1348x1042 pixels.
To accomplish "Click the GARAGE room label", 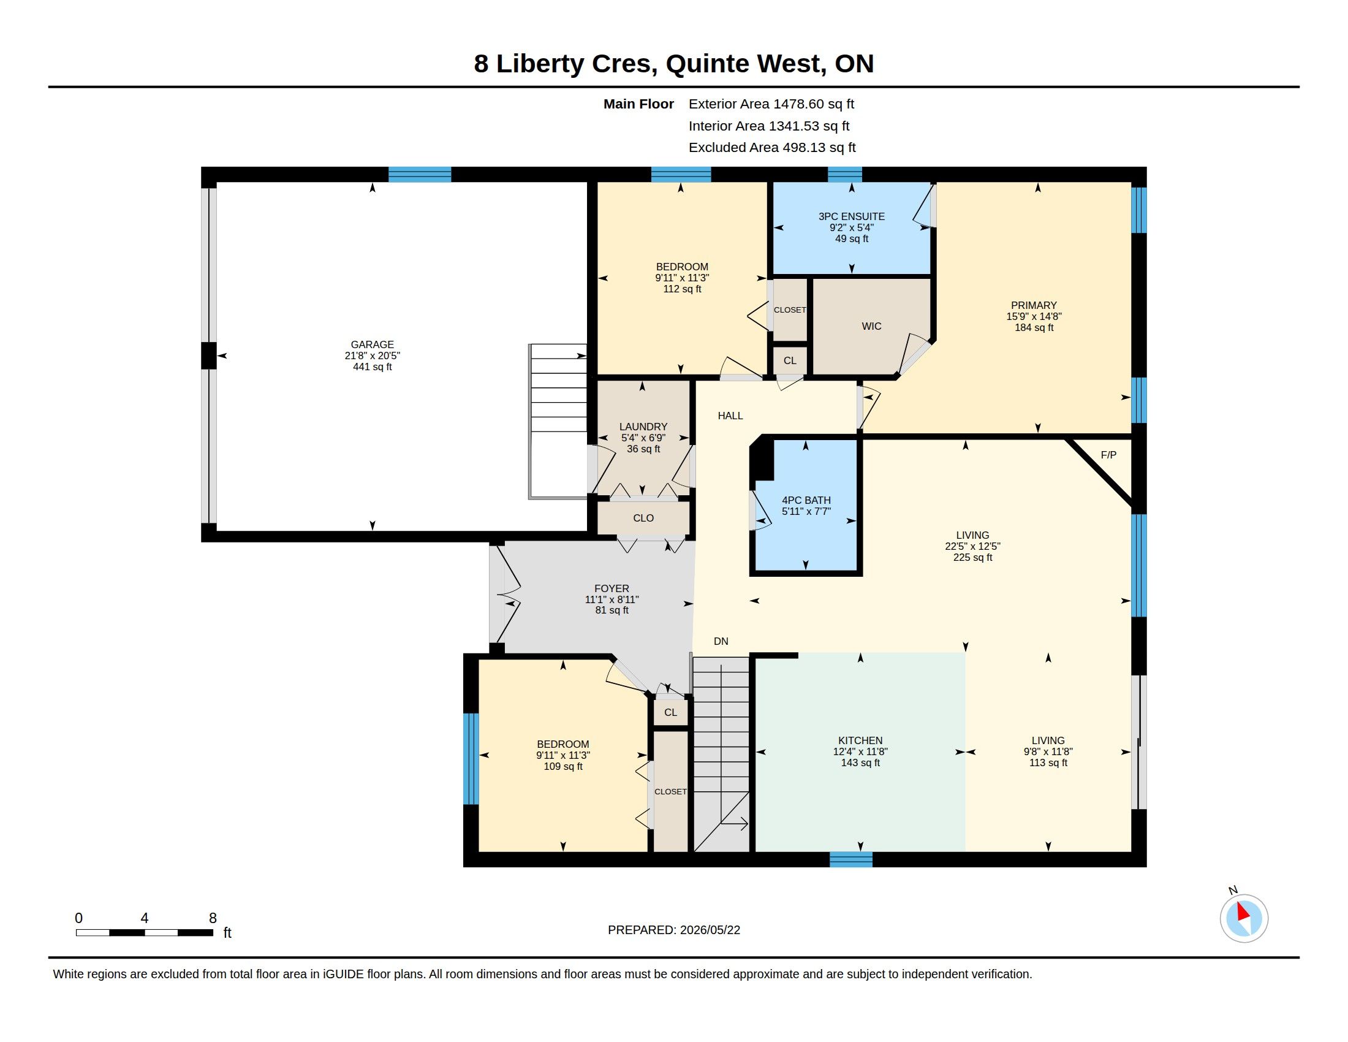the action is pos(372,344).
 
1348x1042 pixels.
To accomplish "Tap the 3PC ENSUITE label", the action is pos(852,216).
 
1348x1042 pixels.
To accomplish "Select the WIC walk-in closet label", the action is pos(871,326).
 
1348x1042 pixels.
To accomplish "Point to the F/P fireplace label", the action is pos(1108,455).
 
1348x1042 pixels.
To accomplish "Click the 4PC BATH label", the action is pos(806,500).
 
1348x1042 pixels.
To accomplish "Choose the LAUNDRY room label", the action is pos(643,427).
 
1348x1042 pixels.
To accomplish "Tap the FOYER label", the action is pos(612,588).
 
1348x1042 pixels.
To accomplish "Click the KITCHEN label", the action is pos(860,740).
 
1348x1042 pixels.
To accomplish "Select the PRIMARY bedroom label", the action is pos(1034,305).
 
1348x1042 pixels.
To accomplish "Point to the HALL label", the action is pos(730,416).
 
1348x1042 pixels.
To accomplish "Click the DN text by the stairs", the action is pos(721,641).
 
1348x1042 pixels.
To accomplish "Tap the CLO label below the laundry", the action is pos(643,518).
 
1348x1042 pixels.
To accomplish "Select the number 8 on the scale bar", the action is pos(213,918).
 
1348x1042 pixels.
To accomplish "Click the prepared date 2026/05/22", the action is pos(710,930).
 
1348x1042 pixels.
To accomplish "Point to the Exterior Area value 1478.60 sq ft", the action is pos(814,104).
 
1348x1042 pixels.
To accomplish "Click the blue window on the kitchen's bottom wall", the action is pos(850,859).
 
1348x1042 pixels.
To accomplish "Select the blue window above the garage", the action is pos(420,174).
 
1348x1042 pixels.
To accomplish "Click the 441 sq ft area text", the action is pos(372,367).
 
